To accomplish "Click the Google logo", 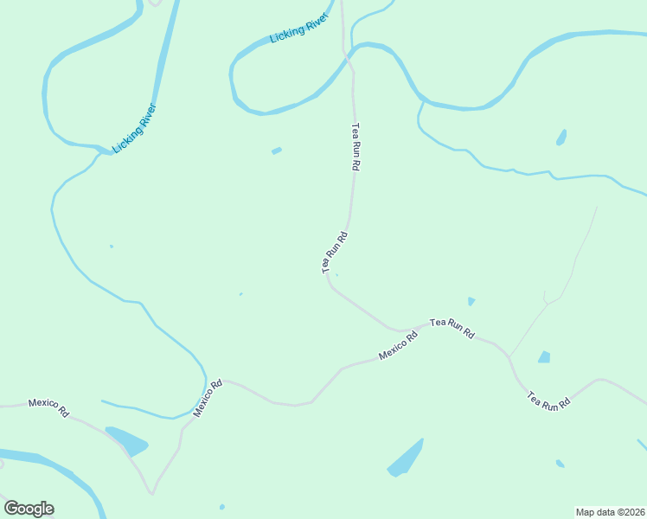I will (x=29, y=509).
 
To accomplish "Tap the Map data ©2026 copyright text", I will (x=610, y=511).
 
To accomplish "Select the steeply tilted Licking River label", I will (x=135, y=128).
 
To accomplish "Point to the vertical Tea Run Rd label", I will (x=354, y=148).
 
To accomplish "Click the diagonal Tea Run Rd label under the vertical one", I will (x=335, y=253).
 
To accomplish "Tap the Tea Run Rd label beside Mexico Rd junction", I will (x=452, y=327).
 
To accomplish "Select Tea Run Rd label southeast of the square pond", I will (x=549, y=400).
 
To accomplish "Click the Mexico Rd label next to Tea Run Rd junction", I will (x=398, y=345).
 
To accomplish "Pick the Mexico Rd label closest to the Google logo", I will (x=48, y=407).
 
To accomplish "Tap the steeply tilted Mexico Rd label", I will (x=208, y=399).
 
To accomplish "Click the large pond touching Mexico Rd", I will (x=125, y=440).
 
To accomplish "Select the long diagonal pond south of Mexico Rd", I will (x=406, y=458).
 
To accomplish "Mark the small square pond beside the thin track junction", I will (x=544, y=356).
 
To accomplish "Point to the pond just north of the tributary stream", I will (x=561, y=137).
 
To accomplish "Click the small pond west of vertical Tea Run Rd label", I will (x=277, y=151).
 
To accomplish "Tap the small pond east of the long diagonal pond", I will (x=560, y=464).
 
